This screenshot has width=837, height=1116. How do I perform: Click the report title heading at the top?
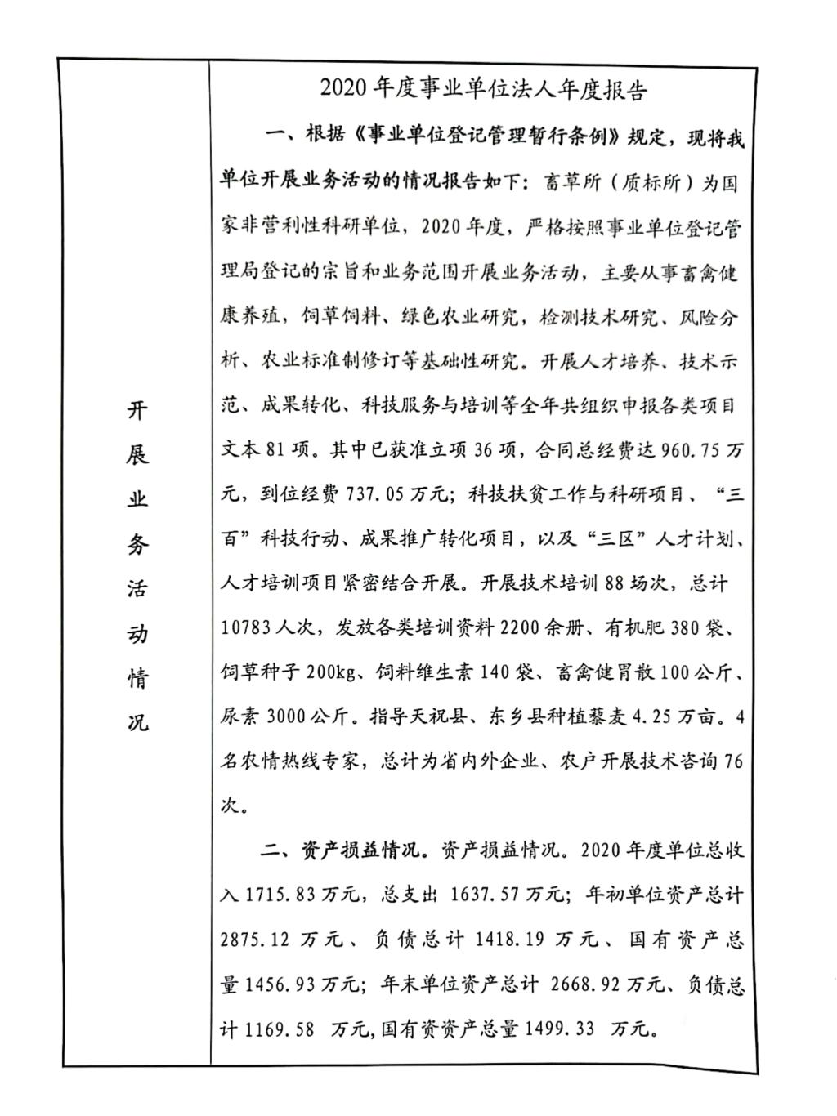pyautogui.click(x=483, y=88)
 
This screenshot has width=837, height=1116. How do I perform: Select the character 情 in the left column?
pyautogui.click(x=137, y=678)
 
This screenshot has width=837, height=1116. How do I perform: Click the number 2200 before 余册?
pyautogui.click(x=523, y=629)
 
